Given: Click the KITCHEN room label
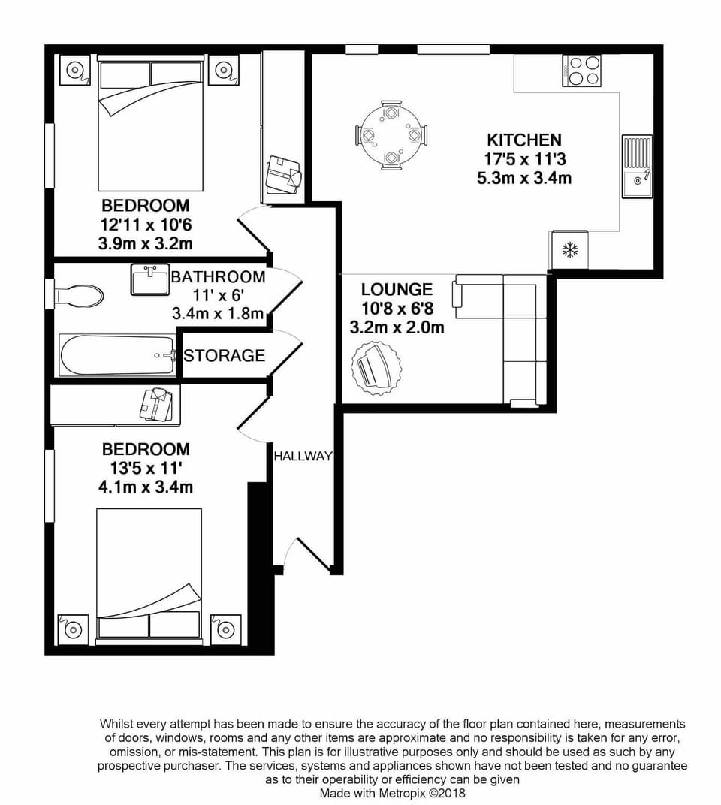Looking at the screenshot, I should pyautogui.click(x=523, y=140).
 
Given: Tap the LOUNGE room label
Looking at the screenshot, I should pyautogui.click(x=397, y=289).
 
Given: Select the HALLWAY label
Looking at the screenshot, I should pyautogui.click(x=302, y=456).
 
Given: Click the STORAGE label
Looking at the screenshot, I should pyautogui.click(x=225, y=356).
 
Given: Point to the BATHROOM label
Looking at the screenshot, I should pyautogui.click(x=218, y=277).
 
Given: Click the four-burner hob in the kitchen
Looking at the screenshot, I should pyautogui.click(x=582, y=71).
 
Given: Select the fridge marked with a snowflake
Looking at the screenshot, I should pyautogui.click(x=570, y=250).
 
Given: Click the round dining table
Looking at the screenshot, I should pyautogui.click(x=391, y=136).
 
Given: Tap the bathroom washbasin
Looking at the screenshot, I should pyautogui.click(x=149, y=280).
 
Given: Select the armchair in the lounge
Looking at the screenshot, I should pyautogui.click(x=376, y=367).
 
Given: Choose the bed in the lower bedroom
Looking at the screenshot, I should pyautogui.click(x=149, y=574).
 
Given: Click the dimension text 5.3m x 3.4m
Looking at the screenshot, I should pyautogui.click(x=523, y=179).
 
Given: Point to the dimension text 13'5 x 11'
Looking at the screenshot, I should pyautogui.click(x=146, y=468).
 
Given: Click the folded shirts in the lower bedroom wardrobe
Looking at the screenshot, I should pyautogui.click(x=160, y=403).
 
